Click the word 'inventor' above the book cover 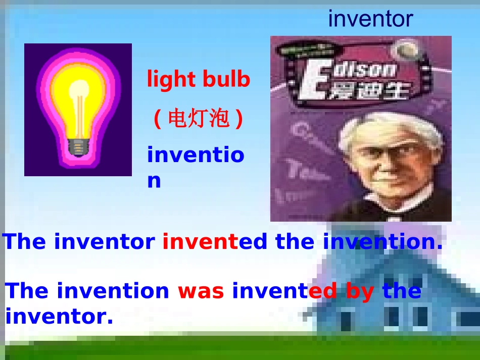click(370, 19)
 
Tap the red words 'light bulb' click(199, 79)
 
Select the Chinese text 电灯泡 click(199, 119)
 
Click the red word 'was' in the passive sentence click(201, 291)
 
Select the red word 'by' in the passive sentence click(360, 291)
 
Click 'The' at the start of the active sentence click(24, 242)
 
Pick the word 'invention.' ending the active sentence click(382, 242)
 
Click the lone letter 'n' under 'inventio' click(154, 180)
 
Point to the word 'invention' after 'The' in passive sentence click(113, 291)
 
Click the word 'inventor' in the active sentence click(104, 242)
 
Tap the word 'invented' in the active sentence click(215, 242)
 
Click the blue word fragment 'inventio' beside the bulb click(196, 155)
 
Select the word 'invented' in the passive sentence click(284, 291)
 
